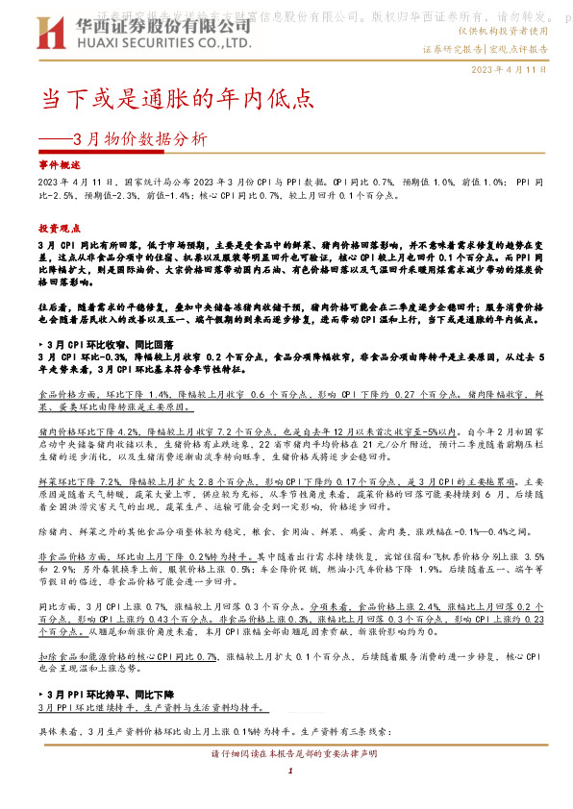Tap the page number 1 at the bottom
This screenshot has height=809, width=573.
[288, 772]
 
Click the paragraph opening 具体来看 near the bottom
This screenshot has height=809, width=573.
[56, 731]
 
